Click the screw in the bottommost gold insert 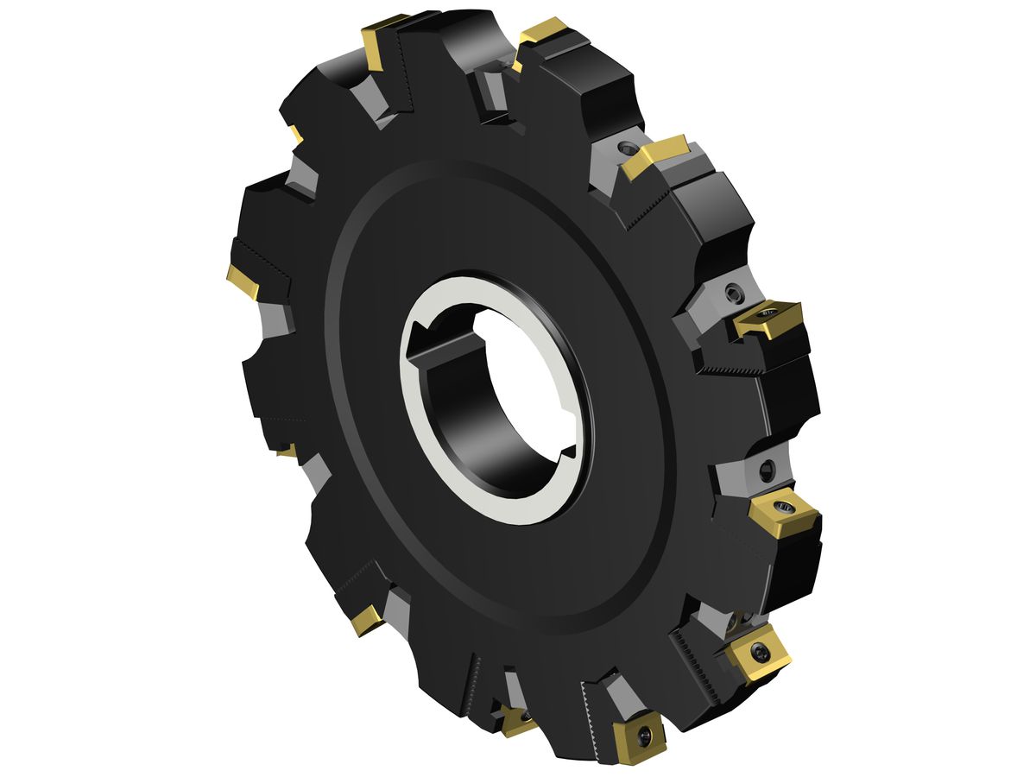pyautogui.click(x=645, y=735)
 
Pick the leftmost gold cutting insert pyautogui.click(x=243, y=281)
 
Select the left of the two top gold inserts pyautogui.click(x=377, y=43)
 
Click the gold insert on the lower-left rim pyautogui.click(x=367, y=619)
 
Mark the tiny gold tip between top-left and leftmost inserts pyautogui.click(x=296, y=135)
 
